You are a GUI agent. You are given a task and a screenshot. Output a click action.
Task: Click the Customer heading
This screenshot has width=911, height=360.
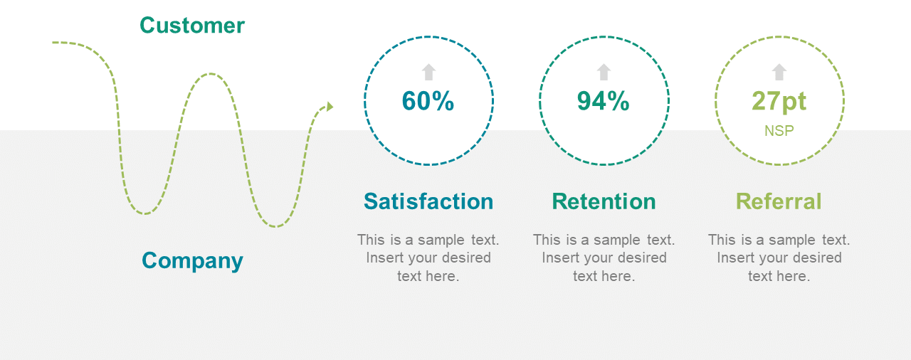click(192, 25)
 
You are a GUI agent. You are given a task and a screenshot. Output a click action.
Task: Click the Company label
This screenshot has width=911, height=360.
click(192, 261)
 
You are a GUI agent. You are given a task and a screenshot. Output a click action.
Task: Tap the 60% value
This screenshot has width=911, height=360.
click(428, 101)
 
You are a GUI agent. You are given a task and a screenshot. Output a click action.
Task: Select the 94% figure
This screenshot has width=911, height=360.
click(603, 101)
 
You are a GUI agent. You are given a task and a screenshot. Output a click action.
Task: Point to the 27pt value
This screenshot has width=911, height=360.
click(779, 102)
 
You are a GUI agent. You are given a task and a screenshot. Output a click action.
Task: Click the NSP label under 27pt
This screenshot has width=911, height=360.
click(779, 131)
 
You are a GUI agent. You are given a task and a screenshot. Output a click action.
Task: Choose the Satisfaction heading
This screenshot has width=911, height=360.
click(428, 201)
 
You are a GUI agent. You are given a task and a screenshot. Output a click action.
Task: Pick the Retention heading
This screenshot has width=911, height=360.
click(604, 201)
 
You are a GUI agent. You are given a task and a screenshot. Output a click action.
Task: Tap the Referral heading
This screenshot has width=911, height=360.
click(779, 201)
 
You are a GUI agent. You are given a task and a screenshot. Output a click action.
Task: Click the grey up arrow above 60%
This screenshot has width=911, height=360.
click(428, 72)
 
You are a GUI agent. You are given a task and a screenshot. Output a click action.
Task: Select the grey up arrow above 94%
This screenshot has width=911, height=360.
click(604, 72)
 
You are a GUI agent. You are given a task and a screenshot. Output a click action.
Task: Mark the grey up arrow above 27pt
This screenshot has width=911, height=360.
click(779, 72)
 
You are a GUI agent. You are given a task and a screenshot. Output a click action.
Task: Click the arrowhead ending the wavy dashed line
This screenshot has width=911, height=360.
click(330, 107)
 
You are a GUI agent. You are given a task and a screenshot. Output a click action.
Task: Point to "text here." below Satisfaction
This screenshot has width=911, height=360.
click(428, 276)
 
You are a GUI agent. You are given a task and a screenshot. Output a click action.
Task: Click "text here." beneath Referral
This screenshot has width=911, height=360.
click(779, 276)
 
